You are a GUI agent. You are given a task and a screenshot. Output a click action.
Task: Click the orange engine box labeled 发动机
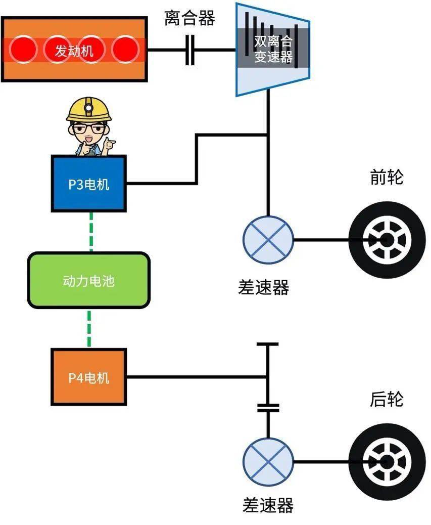click(x=74, y=49)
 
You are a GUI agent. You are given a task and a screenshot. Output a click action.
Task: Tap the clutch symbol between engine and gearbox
click(x=190, y=50)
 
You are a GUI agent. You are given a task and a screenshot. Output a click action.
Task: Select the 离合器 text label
click(x=189, y=18)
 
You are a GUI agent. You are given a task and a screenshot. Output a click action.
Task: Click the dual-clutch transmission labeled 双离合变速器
click(x=272, y=50)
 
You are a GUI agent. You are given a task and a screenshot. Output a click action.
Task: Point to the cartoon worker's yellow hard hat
click(x=89, y=109)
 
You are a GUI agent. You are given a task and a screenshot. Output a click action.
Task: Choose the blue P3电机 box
click(x=88, y=184)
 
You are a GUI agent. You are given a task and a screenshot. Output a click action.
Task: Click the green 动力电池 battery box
click(x=89, y=280)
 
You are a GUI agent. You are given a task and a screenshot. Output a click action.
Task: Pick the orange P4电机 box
click(x=88, y=377)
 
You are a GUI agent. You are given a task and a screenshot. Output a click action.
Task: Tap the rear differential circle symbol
click(x=268, y=462)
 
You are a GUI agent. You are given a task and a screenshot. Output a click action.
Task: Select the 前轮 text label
click(x=387, y=178)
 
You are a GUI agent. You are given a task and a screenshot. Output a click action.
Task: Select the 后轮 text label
click(x=387, y=400)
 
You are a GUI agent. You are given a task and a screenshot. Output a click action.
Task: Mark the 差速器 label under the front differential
click(x=263, y=287)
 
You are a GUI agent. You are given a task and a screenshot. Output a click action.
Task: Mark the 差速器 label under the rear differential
click(x=268, y=504)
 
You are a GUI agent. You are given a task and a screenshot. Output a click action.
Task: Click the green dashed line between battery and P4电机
click(x=89, y=328)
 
